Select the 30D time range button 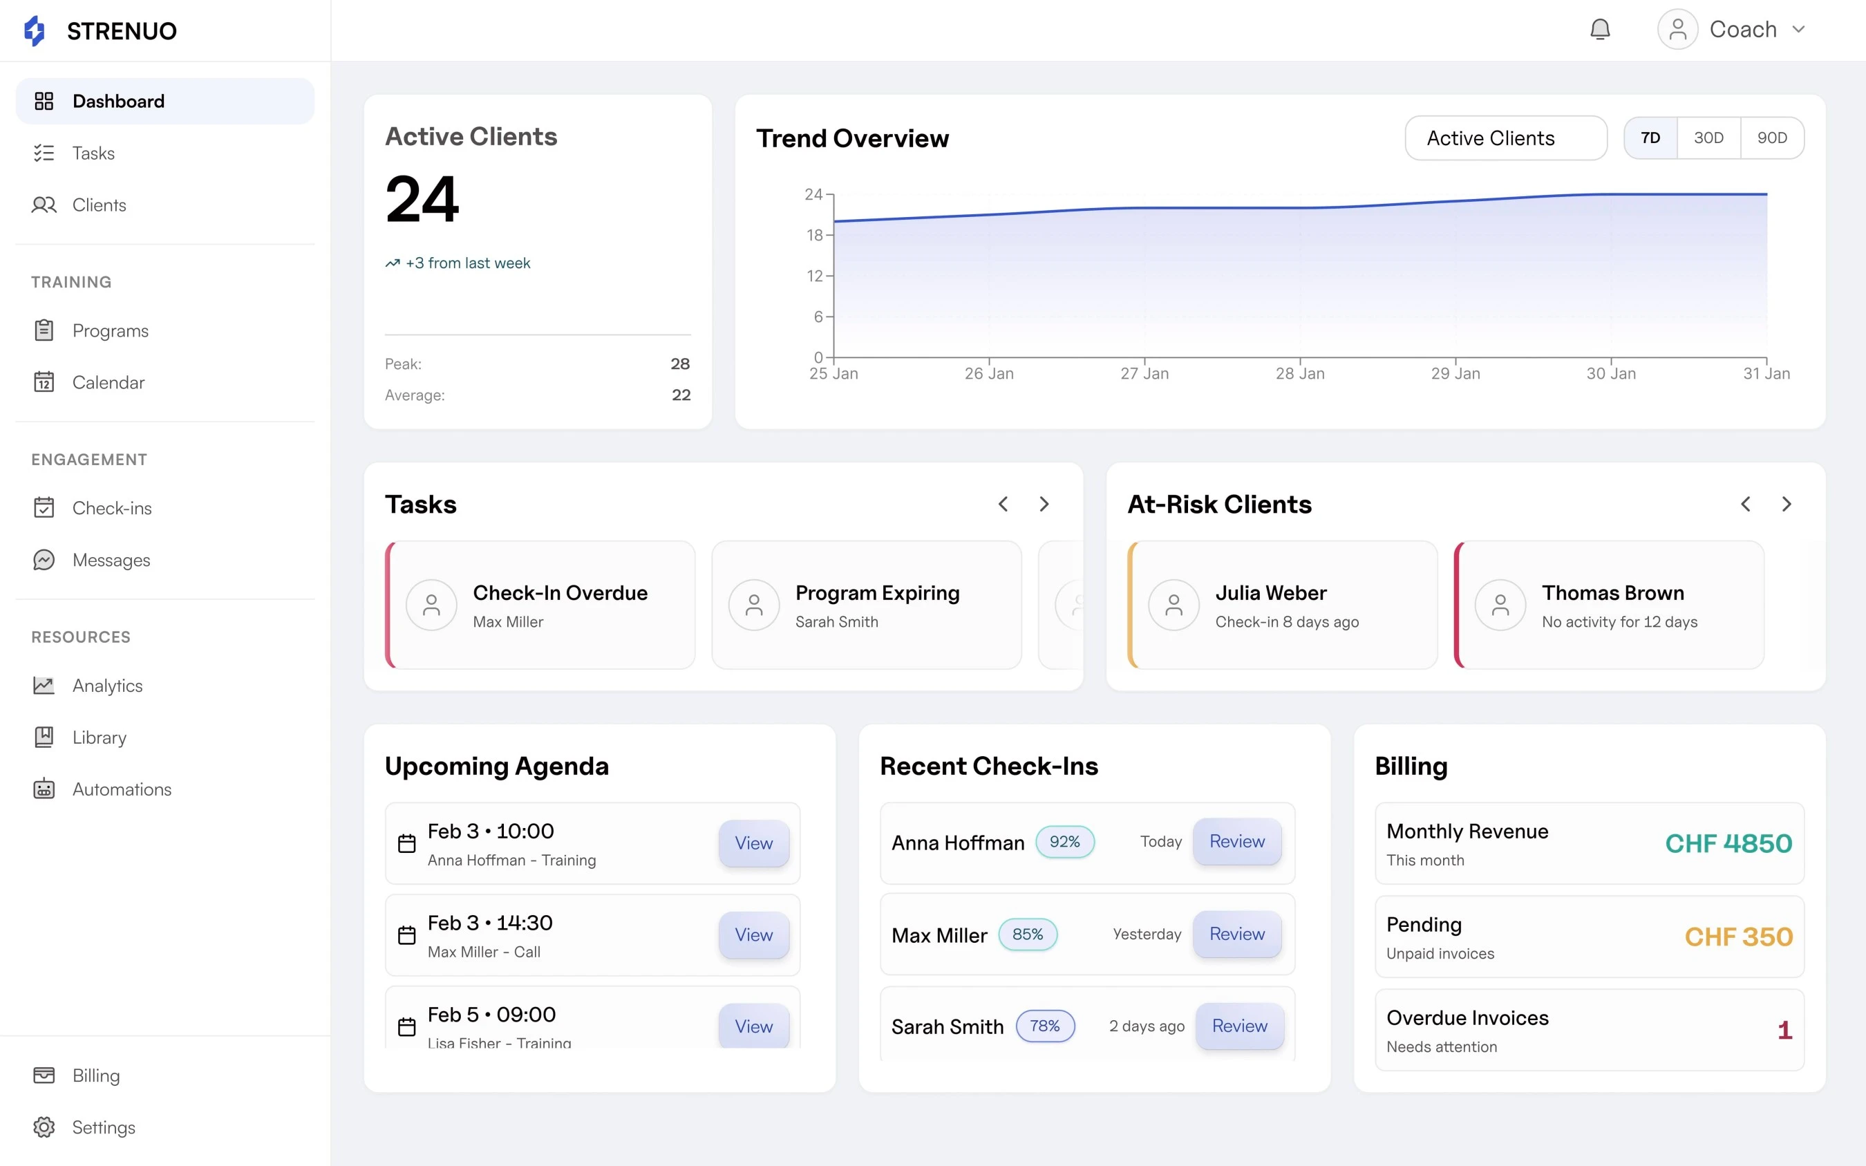pos(1708,138)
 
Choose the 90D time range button pos(1771,138)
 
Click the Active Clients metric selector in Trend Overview pos(1505,138)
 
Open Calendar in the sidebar pos(108,382)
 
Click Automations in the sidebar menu pos(122,789)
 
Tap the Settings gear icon pos(44,1127)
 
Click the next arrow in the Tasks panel pos(1044,505)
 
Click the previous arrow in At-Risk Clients pos(1745,505)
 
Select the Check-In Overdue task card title pos(560,593)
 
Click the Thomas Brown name pos(1612,593)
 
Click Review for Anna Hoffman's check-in pos(1236,841)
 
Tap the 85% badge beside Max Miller pos(1027,934)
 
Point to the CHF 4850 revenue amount pos(1728,844)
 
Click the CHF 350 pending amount pos(1738,937)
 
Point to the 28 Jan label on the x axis pos(1299,374)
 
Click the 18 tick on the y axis pos(814,235)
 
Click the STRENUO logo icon pos(35,31)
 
